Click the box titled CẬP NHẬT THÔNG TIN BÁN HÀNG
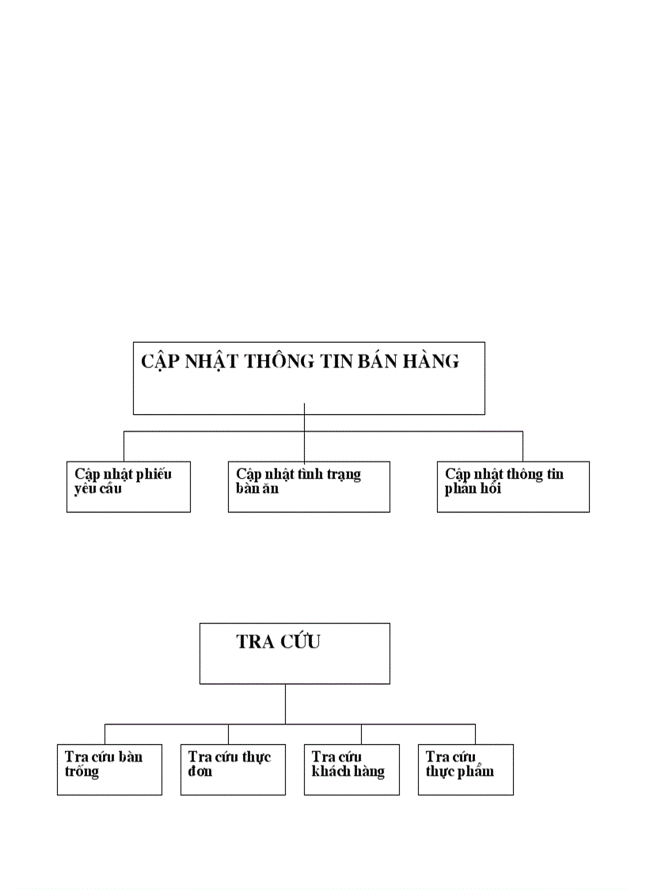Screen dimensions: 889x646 tap(309, 378)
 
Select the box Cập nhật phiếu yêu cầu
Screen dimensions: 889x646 tap(128, 487)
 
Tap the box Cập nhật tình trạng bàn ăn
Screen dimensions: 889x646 tap(309, 487)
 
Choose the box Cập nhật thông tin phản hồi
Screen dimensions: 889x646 tap(513, 487)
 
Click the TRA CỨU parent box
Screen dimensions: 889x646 tap(294, 653)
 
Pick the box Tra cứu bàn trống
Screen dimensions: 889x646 tap(109, 769)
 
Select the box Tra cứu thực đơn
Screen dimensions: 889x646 tap(233, 769)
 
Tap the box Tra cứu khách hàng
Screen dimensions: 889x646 tap(351, 769)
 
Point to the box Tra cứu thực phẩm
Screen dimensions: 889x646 tap(465, 769)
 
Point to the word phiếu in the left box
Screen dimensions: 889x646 tap(154, 474)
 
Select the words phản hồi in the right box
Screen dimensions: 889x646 tap(473, 488)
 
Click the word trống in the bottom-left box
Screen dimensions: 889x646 tap(82, 771)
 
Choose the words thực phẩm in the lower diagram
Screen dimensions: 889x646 tap(459, 771)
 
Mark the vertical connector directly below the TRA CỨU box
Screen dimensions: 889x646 tap(285, 704)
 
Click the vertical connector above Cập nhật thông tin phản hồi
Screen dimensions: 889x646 tap(522, 446)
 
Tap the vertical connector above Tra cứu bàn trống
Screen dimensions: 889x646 tap(104, 734)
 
